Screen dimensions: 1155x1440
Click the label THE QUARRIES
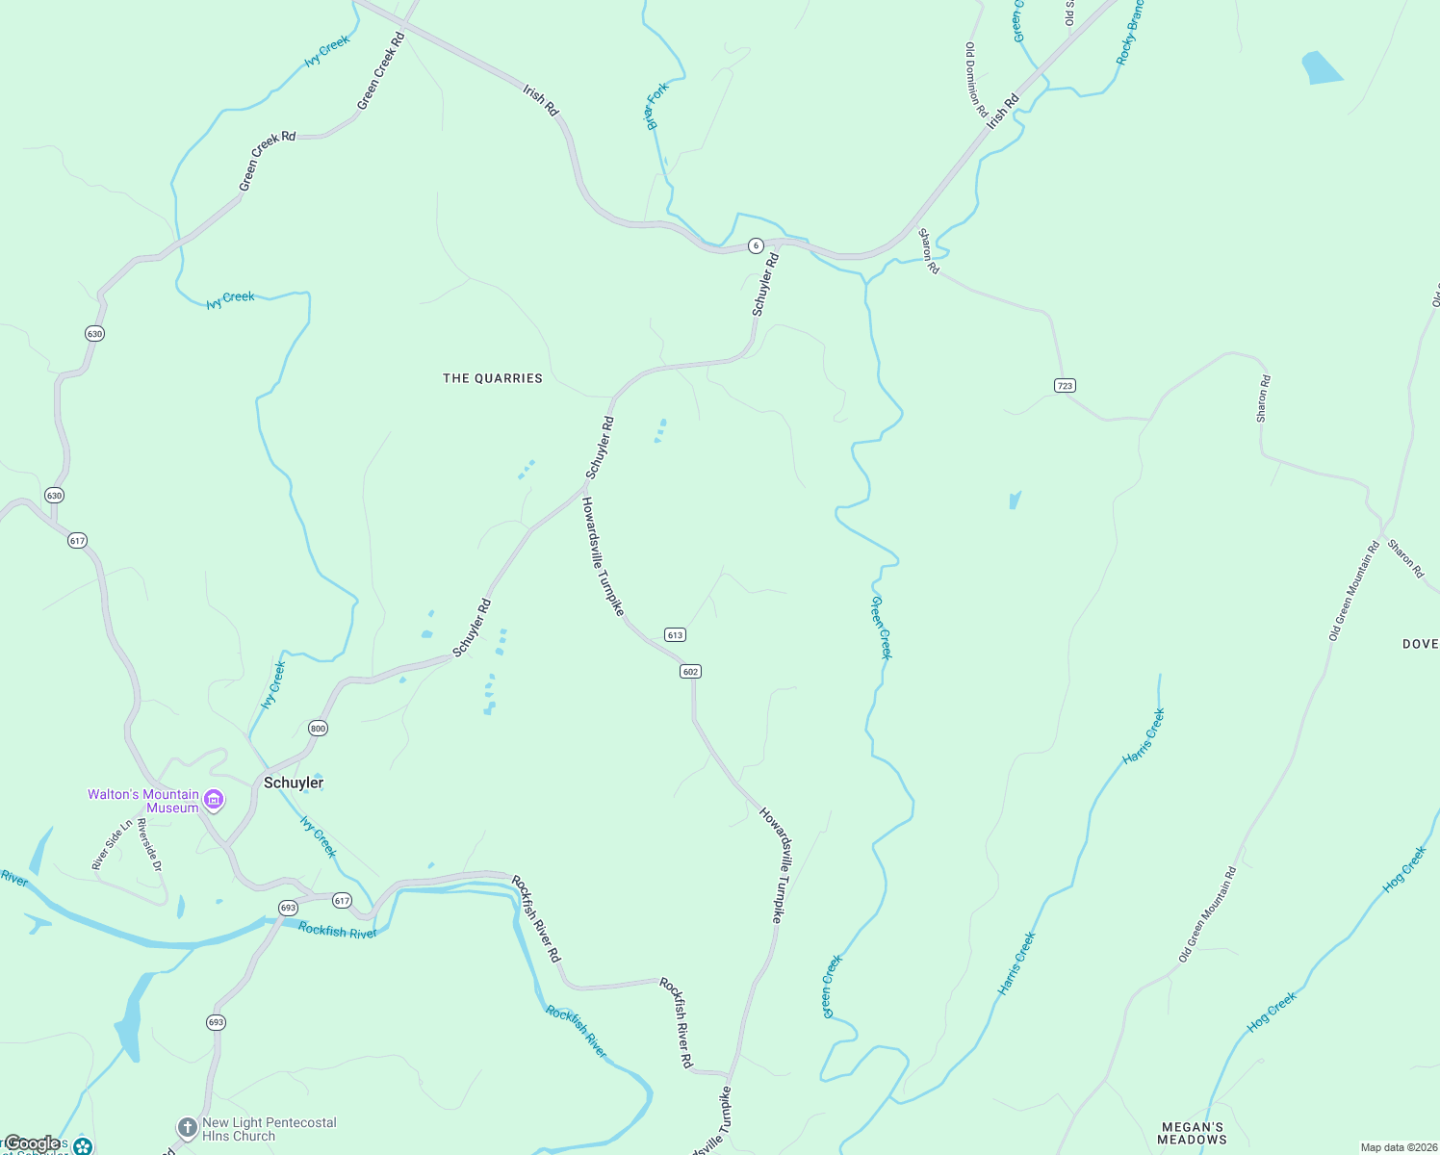pyautogui.click(x=493, y=378)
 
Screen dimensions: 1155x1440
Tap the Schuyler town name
pyautogui.click(x=294, y=783)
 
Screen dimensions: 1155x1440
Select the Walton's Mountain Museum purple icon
pyautogui.click(x=214, y=800)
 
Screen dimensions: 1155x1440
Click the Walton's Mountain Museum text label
pyautogui.click(x=143, y=801)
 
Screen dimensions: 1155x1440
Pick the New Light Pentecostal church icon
pyautogui.click(x=187, y=1128)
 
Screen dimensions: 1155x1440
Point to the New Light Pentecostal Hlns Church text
pyautogui.click(x=269, y=1129)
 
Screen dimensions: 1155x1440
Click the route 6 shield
pyautogui.click(x=757, y=245)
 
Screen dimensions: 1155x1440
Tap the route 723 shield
pyautogui.click(x=1064, y=385)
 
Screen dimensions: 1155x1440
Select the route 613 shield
pyautogui.click(x=674, y=634)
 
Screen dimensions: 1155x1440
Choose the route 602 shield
pyautogui.click(x=690, y=671)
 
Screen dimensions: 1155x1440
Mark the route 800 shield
pyautogui.click(x=318, y=728)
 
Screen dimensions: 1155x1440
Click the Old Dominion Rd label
pyautogui.click(x=976, y=79)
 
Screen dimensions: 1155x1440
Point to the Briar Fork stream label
pyautogui.click(x=656, y=106)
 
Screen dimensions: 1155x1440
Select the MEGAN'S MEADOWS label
pyautogui.click(x=1192, y=1133)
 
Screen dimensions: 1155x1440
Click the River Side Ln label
pyautogui.click(x=112, y=845)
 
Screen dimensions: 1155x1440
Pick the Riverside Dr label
pyautogui.click(x=149, y=846)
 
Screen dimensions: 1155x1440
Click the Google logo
pyautogui.click(x=32, y=1143)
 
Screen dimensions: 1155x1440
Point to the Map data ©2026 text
pyautogui.click(x=1398, y=1147)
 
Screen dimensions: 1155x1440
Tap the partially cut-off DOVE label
pyautogui.click(x=1420, y=644)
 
